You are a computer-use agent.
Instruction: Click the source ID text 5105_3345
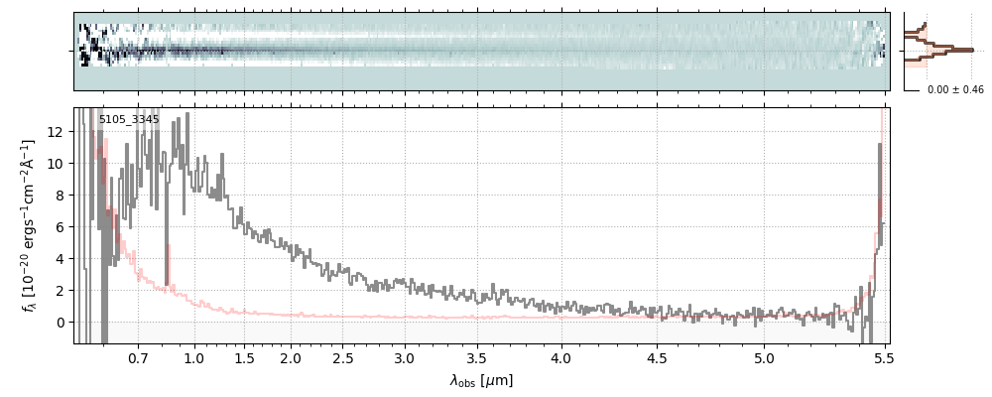pyautogui.click(x=129, y=119)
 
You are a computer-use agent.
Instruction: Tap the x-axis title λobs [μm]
pyautogui.click(x=481, y=380)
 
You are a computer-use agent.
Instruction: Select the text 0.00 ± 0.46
pyautogui.click(x=955, y=90)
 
